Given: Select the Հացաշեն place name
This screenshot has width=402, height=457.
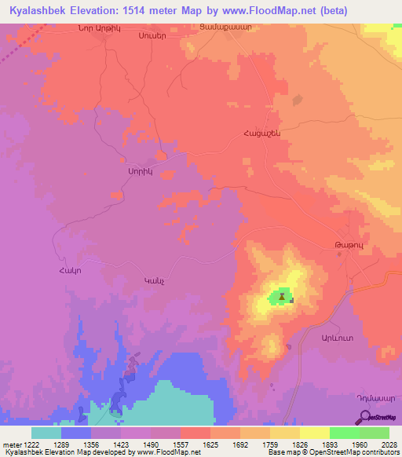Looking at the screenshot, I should click(261, 133).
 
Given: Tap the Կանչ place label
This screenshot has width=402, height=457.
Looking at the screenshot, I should click(152, 280).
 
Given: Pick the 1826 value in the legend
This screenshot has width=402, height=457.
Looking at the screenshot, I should click(299, 444).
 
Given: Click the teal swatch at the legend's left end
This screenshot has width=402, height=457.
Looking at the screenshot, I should click(46, 433).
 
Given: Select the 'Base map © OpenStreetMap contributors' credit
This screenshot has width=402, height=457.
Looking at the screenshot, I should click(332, 453).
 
